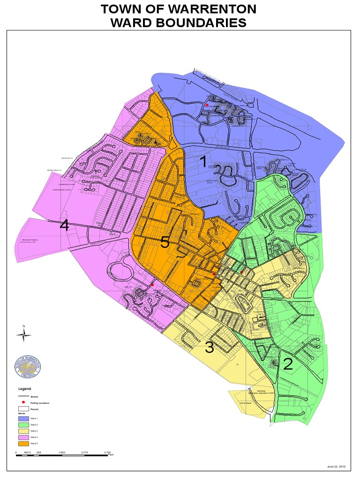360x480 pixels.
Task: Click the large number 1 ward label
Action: click(203, 162)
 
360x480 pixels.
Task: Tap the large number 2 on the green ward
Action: click(288, 364)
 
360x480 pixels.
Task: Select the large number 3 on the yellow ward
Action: click(209, 348)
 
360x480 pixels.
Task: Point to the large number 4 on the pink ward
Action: click(65, 226)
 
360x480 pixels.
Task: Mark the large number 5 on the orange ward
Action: click(165, 242)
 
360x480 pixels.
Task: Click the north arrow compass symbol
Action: click(23, 334)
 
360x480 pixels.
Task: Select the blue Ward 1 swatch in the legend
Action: click(23, 418)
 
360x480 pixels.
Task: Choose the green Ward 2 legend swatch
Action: click(23, 424)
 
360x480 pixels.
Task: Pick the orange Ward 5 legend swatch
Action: click(23, 443)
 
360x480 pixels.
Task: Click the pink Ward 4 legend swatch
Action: click(23, 436)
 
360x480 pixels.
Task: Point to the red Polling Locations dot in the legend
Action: click(23, 403)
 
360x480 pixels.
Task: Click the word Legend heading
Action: click(24, 389)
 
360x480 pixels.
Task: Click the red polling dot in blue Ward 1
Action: click(207, 105)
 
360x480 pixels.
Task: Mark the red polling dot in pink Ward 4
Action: click(152, 285)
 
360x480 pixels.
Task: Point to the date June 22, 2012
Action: click(336, 466)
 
